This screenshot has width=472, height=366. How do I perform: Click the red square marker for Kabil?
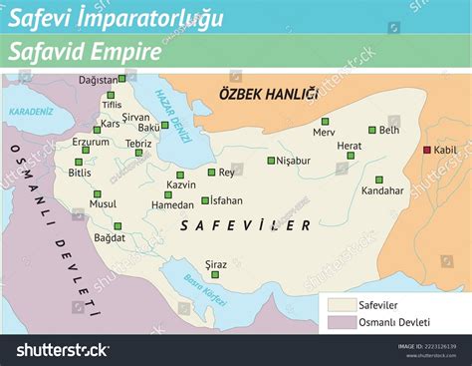click(427, 150)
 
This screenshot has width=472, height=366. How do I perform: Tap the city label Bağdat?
click(110, 237)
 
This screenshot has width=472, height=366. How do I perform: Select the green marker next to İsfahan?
click(205, 200)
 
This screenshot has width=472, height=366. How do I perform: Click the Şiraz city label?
click(216, 264)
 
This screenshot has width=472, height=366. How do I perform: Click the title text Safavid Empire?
click(84, 53)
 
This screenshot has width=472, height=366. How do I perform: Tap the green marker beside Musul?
click(98, 193)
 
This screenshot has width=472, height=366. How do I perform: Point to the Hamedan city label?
click(144, 205)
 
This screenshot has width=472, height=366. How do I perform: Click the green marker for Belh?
click(372, 130)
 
